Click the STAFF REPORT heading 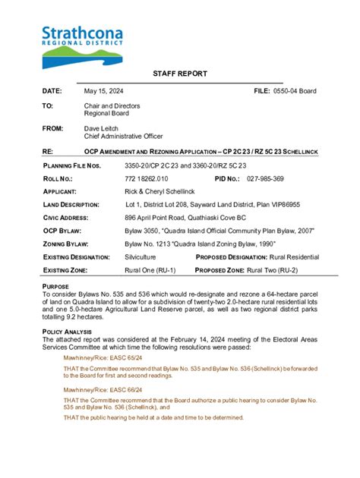click(x=179, y=74)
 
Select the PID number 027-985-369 click(x=265, y=178)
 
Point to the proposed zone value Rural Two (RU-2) click(x=286, y=270)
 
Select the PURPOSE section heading click(x=55, y=285)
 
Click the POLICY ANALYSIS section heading click(x=68, y=332)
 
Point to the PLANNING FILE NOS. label click(x=71, y=165)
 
